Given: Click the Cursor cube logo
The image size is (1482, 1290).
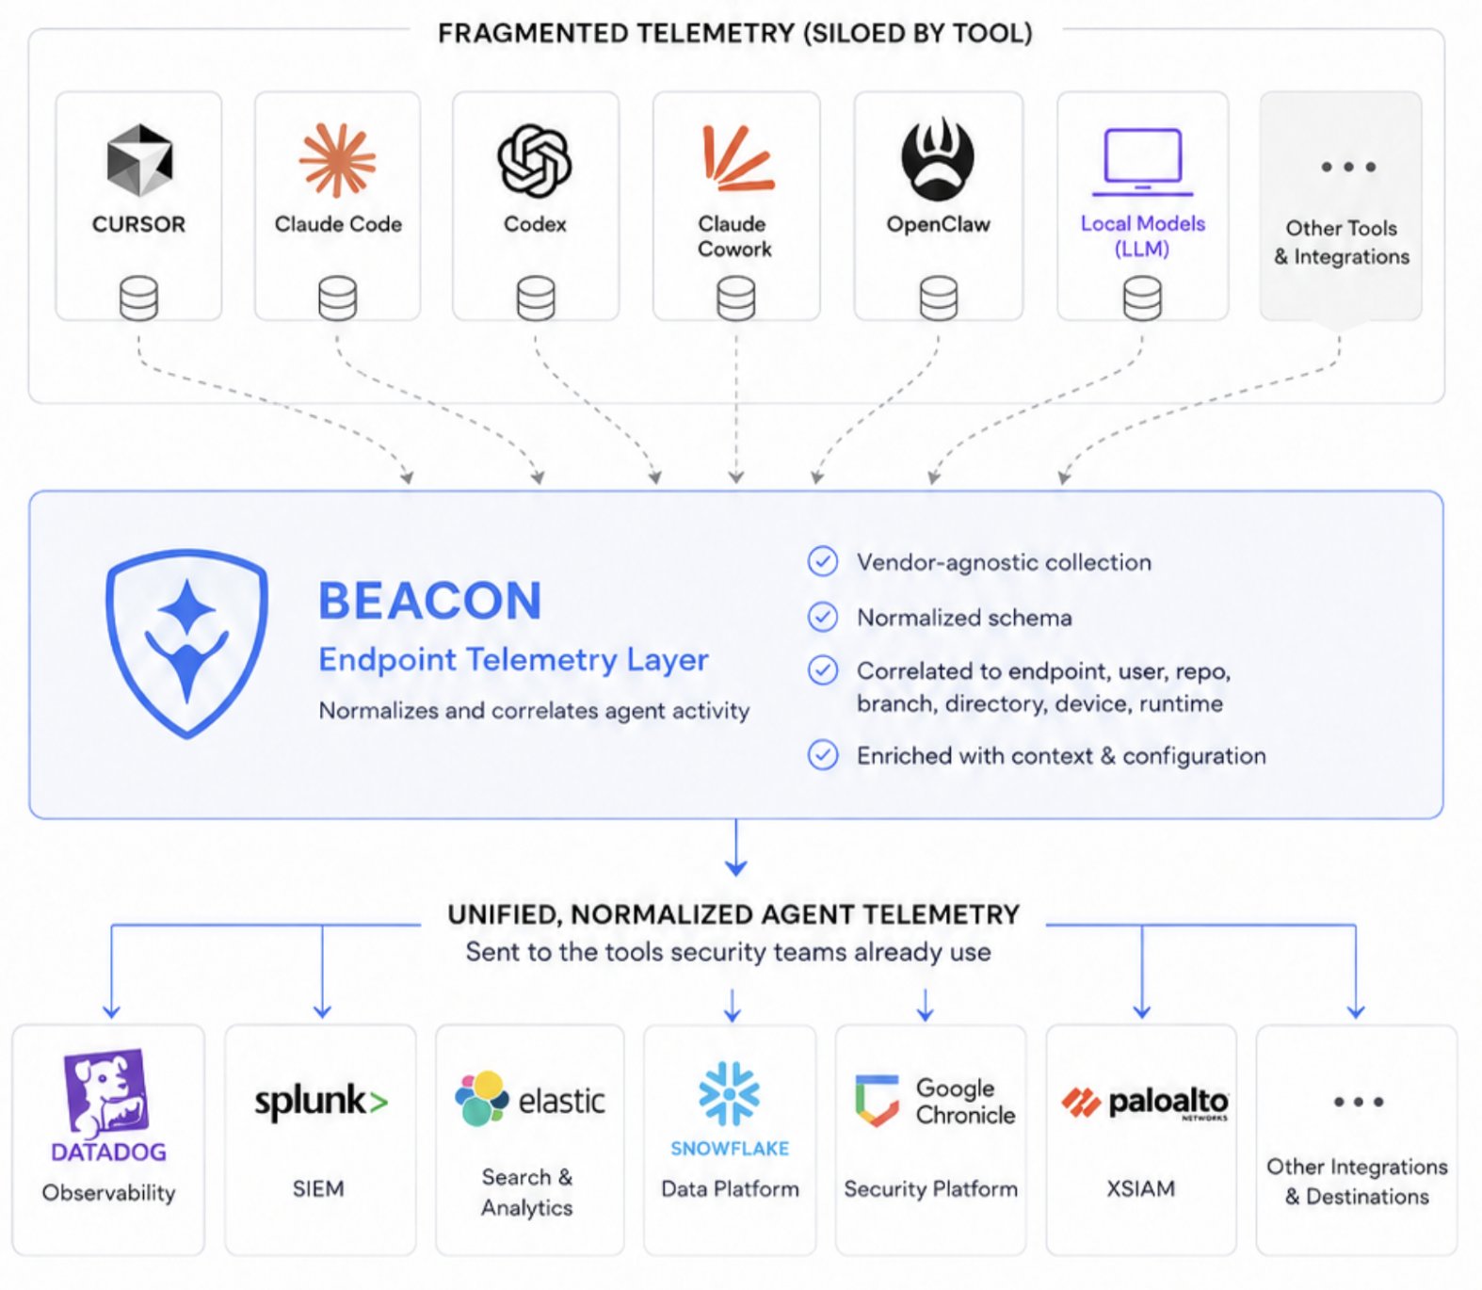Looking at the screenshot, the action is tap(138, 160).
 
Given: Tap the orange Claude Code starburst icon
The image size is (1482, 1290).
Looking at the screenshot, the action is tap(337, 160).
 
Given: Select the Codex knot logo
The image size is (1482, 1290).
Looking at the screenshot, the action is tap(535, 161).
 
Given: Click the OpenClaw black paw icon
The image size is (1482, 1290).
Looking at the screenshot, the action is tap(938, 159).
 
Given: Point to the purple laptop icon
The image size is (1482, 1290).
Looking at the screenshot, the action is tap(1142, 162).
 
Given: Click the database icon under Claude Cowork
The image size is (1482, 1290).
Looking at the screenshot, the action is tap(735, 298).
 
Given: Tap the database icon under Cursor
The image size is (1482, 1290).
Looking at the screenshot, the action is tap(138, 298).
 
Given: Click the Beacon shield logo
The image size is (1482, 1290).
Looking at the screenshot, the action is tap(186, 644).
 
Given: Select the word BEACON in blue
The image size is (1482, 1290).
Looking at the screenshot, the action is tap(430, 601).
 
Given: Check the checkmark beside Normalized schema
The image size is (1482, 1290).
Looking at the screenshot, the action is tap(823, 617).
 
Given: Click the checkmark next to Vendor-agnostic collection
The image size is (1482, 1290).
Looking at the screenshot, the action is tap(823, 561).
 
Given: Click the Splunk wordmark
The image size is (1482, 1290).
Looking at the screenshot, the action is tap(321, 1102).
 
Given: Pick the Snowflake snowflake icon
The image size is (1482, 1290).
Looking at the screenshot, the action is tap(730, 1094).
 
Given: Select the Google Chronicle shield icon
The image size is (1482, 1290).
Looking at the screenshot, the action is tap(877, 1101).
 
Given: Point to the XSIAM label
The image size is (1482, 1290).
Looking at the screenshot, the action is tap(1140, 1188).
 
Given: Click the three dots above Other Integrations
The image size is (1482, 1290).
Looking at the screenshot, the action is tap(1359, 1102).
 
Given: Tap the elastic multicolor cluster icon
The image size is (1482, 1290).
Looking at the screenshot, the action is tap(481, 1098).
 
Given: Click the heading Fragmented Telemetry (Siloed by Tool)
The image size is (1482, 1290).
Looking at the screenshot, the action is tap(735, 33).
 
